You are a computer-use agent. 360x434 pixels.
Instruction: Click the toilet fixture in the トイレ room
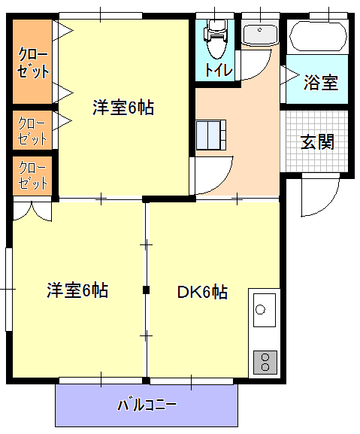click(216, 39)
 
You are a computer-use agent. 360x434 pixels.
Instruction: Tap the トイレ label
click(219, 70)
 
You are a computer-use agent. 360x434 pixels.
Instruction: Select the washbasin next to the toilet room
click(259, 35)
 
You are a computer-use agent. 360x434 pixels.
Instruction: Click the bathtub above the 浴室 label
click(318, 36)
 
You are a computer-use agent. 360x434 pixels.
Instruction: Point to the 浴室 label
click(321, 83)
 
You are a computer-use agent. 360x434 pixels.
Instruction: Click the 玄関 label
click(317, 141)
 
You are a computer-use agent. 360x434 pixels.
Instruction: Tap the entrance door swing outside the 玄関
click(320, 195)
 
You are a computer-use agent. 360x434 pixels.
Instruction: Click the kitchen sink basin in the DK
click(265, 310)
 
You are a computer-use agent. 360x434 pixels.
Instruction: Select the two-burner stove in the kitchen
click(265, 363)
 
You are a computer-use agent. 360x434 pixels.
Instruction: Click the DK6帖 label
click(202, 292)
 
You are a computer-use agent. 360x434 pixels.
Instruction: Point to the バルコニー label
click(147, 405)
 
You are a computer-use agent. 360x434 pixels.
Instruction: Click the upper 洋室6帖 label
click(123, 108)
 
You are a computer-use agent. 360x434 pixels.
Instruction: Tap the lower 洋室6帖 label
click(77, 290)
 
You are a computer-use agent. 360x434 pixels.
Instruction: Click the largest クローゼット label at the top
click(33, 63)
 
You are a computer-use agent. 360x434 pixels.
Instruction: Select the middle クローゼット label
click(32, 131)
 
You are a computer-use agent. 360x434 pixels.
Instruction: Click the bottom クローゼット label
click(32, 175)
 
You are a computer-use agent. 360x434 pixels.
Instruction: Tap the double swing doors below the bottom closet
click(32, 211)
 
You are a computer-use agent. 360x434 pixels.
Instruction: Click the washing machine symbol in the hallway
click(211, 135)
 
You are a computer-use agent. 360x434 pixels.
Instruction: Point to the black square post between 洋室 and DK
click(146, 290)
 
